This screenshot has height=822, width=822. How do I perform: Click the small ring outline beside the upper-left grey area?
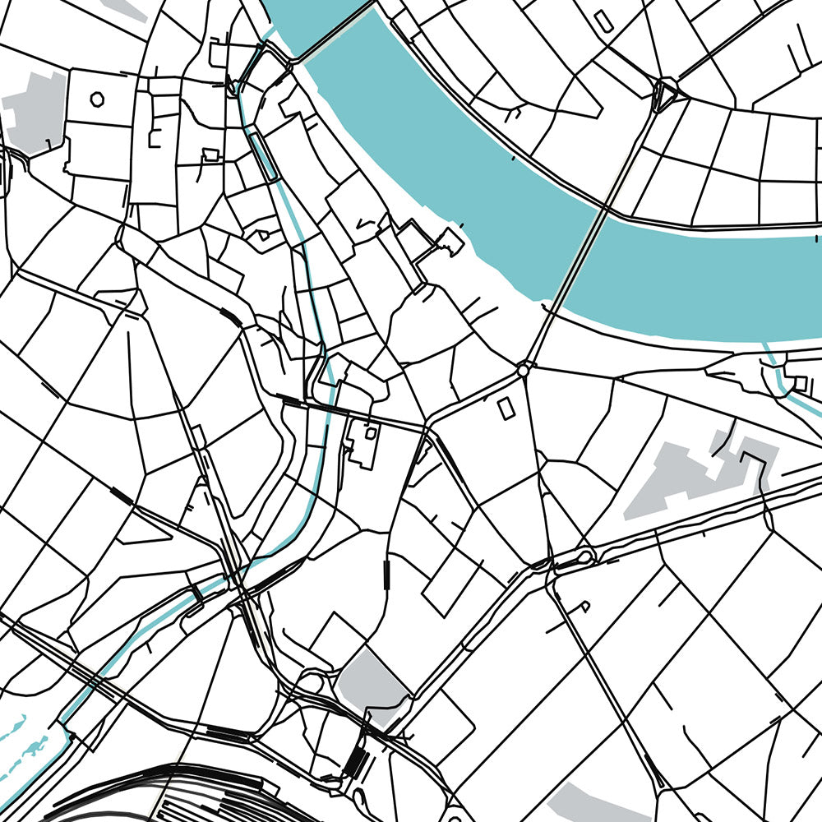click(x=97, y=99)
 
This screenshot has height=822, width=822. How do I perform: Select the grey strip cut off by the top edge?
click(x=123, y=8)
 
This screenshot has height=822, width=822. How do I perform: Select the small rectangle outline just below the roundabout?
click(x=506, y=409)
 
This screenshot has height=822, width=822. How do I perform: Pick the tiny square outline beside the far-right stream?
click(x=799, y=382)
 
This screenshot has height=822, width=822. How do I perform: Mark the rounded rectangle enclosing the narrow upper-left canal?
click(x=263, y=156)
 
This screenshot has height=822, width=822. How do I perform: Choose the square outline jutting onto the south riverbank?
click(x=450, y=240)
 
